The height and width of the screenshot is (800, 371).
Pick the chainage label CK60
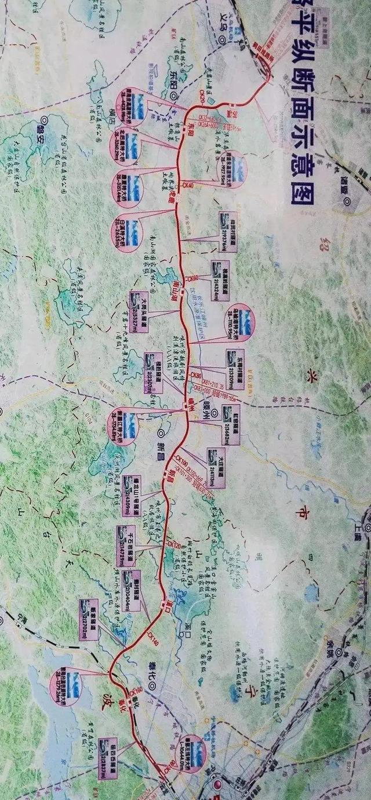tap(192, 278)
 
